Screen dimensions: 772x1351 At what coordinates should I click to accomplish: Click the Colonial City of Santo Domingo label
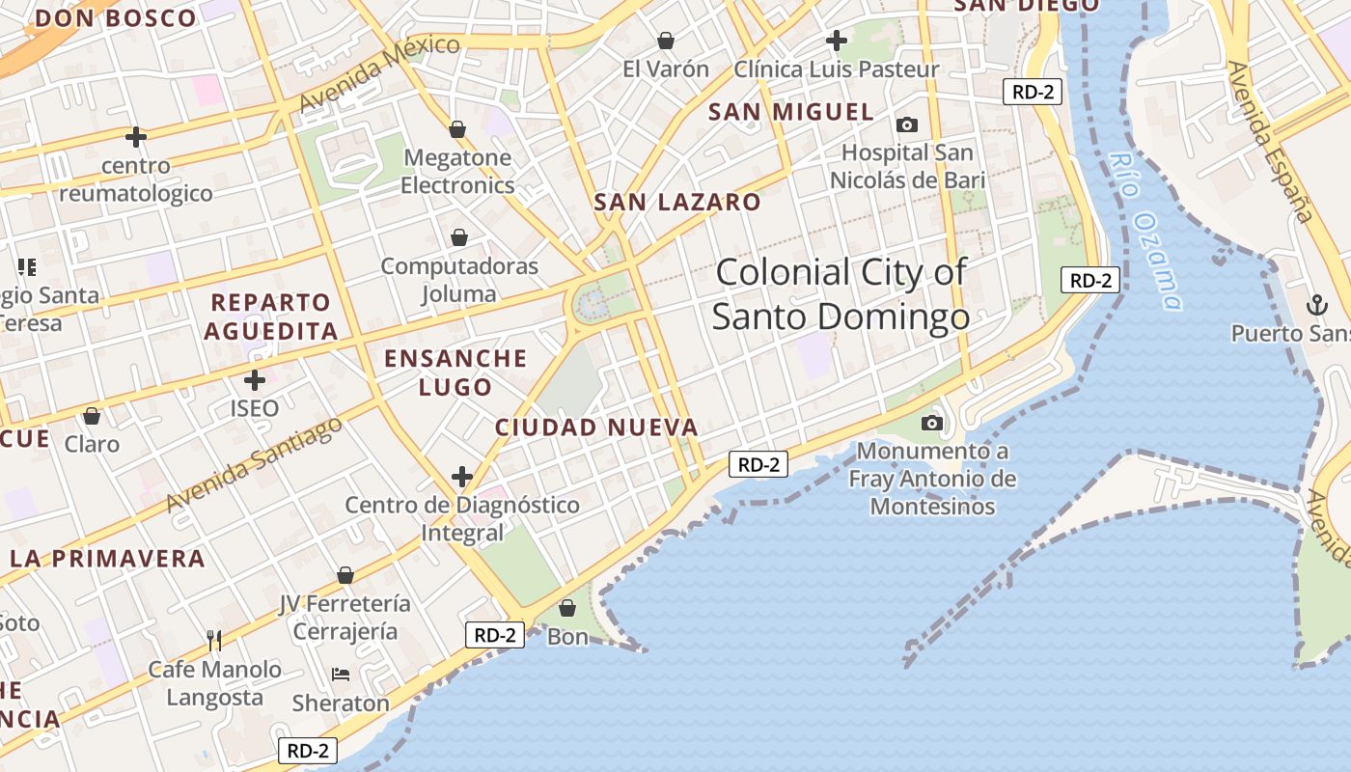841,294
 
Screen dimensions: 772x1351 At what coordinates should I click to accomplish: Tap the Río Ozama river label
1145,232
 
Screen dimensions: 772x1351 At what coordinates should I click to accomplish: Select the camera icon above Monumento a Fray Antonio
932,423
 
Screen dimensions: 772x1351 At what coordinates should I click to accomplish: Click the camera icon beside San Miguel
907,124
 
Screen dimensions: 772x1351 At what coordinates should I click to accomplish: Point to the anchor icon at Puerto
1315,305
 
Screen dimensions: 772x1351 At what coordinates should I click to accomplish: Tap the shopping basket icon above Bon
567,608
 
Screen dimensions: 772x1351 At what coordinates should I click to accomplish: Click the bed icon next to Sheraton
341,674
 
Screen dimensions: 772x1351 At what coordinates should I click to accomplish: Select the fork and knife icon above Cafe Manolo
214,639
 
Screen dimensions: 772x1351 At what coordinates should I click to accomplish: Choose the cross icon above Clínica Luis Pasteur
837,41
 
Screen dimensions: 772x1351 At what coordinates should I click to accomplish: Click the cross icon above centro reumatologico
136,137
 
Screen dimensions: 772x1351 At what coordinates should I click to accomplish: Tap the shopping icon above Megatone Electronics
457,129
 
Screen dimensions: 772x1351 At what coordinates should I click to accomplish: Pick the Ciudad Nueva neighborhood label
596,427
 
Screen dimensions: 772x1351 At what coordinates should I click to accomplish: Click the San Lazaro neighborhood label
677,203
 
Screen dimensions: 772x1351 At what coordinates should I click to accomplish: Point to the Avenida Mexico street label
379,73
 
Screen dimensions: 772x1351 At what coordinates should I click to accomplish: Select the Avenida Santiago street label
253,465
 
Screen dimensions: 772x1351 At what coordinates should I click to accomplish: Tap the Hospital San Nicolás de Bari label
907,166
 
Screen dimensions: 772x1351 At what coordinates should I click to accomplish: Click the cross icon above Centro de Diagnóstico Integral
462,476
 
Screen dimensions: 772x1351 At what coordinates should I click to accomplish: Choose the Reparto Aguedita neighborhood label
271,317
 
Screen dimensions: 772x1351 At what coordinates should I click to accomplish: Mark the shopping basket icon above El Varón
666,41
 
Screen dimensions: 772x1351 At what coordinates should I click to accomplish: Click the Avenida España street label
1269,142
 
